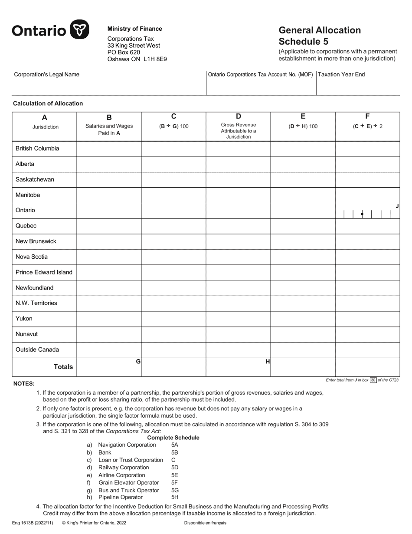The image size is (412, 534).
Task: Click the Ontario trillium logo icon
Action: pyautogui.click(x=79, y=30)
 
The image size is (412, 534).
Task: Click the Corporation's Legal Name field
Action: pyautogui.click(x=108, y=86)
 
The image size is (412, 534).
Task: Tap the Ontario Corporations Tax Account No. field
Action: pyautogui.click(x=261, y=86)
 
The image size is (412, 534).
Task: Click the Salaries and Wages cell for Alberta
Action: pyautogui.click(x=109, y=164)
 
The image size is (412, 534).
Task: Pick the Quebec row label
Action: pyautogui.click(x=26, y=226)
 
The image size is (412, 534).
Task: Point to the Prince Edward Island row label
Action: pyautogui.click(x=44, y=272)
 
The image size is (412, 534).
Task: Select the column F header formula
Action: pyautogui.click(x=367, y=126)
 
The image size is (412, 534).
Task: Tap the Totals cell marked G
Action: pyautogui.click(x=109, y=367)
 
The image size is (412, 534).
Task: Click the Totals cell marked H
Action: pyautogui.click(x=238, y=367)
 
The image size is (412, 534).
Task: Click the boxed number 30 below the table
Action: pyautogui.click(x=373, y=380)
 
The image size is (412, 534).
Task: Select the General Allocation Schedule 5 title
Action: pyautogui.click(x=319, y=36)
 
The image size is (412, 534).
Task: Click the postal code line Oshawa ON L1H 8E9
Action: pyautogui.click(x=137, y=59)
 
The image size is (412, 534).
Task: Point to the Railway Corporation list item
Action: pyautogui.click(x=124, y=467)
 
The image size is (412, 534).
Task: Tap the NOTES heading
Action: pyautogui.click(x=24, y=383)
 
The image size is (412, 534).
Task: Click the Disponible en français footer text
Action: pyautogui.click(x=205, y=523)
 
